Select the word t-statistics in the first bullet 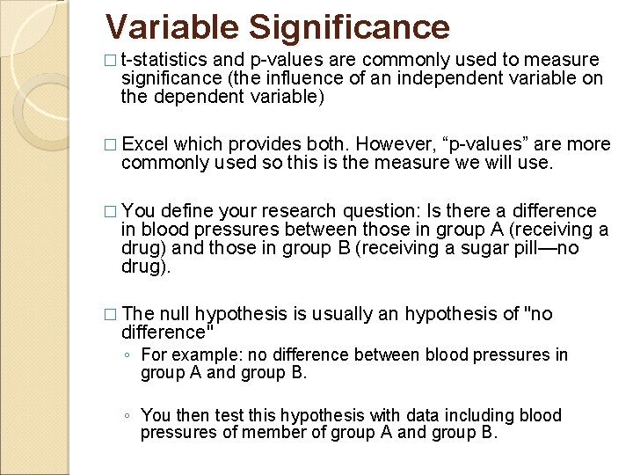pyautogui.click(x=164, y=60)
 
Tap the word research pyautogui.click(x=301, y=211)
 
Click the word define pyautogui.click(x=189, y=211)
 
